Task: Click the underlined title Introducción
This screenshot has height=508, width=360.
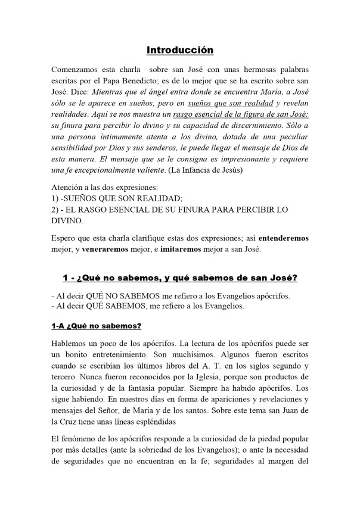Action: click(179, 50)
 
